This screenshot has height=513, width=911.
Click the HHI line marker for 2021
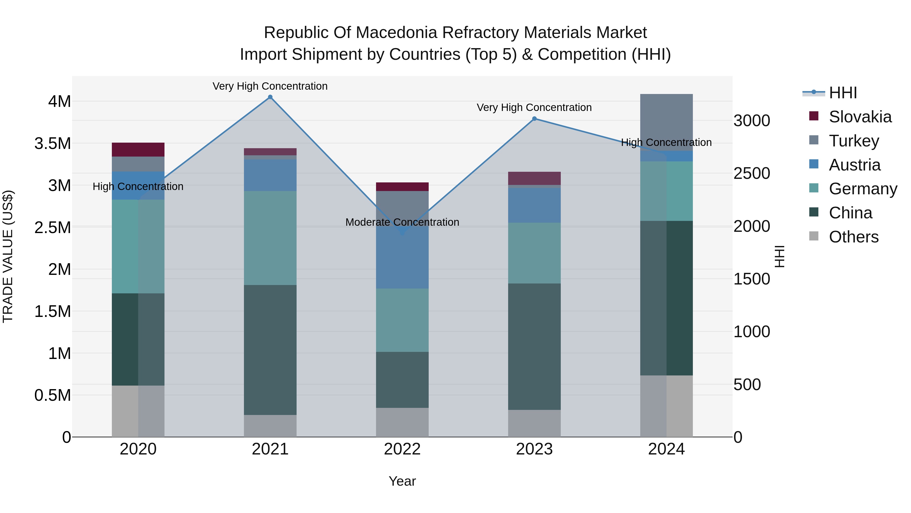click(x=270, y=97)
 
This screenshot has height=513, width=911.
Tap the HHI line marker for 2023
click(x=534, y=119)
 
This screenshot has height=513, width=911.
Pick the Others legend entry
click(x=853, y=237)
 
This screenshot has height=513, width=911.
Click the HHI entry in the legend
click(x=843, y=93)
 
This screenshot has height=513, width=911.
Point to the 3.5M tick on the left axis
click(x=52, y=143)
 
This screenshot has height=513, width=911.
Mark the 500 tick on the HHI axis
click(x=747, y=385)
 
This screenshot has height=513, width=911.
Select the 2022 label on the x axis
click(x=402, y=449)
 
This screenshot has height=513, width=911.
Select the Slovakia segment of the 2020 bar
click(x=138, y=149)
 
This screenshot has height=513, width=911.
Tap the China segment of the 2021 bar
click(x=270, y=350)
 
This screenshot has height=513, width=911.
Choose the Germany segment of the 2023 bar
click(x=534, y=253)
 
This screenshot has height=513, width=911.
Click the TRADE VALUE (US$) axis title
click(x=8, y=256)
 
